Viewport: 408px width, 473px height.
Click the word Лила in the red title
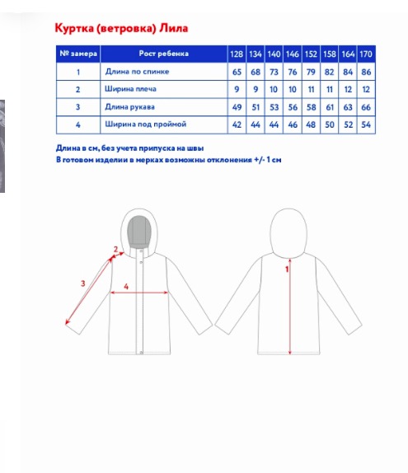click(174, 28)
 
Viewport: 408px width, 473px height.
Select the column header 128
click(237, 54)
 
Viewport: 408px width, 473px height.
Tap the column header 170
click(366, 54)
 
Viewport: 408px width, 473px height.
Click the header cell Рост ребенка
click(163, 54)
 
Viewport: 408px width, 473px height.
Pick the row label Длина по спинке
click(137, 72)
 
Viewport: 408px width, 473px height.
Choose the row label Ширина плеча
click(130, 89)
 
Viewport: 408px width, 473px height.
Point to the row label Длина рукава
click(129, 107)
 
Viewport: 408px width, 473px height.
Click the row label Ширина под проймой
click(145, 124)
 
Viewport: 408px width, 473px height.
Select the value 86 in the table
click(366, 72)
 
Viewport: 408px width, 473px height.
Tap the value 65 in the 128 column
click(237, 72)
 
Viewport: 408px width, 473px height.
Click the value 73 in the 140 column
click(274, 72)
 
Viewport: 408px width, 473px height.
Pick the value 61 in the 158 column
click(329, 107)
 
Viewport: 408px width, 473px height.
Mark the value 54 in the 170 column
click(366, 124)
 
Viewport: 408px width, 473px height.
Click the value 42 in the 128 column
click(237, 124)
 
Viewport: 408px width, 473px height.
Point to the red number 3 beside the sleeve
click(83, 283)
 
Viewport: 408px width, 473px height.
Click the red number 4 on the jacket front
click(126, 286)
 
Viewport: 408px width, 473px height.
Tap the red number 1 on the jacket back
click(287, 269)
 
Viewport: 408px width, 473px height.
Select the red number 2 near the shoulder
click(115, 249)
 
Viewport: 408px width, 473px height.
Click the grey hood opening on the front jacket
click(139, 232)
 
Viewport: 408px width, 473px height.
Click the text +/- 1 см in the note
click(268, 160)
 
